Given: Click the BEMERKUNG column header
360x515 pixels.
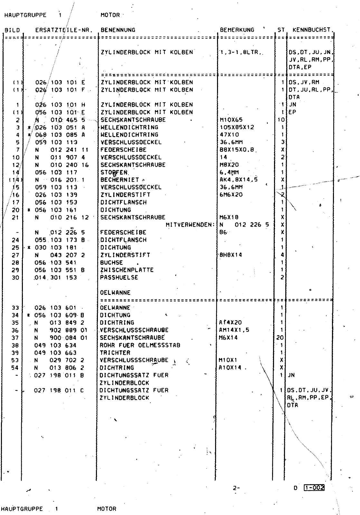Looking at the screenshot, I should click(x=237, y=30).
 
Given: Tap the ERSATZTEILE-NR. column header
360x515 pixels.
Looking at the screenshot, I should click(x=64, y=30).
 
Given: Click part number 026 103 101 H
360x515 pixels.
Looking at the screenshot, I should click(x=60, y=105).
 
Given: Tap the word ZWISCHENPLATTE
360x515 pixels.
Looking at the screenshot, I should click(x=127, y=270).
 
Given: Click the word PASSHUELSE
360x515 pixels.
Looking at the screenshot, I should click(x=119, y=277).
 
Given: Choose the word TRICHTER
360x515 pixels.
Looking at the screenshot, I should click(x=115, y=352).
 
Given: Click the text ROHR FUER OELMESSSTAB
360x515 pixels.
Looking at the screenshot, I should click(x=140, y=345).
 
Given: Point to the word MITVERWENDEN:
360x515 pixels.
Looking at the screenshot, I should click(x=190, y=225).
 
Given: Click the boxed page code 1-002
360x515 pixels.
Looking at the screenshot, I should click(x=314, y=488).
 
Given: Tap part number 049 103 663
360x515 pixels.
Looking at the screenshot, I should click(x=55, y=352).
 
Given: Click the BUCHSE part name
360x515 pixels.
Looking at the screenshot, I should click(x=111, y=262).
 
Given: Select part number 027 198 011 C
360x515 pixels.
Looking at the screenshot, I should click(x=59, y=390).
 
